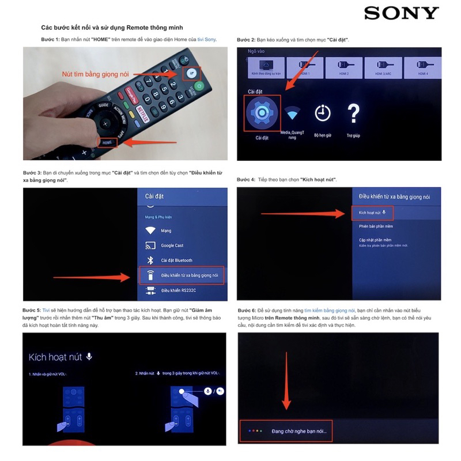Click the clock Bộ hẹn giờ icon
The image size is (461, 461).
[x=323, y=112]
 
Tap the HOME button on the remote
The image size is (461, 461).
[x=107, y=142]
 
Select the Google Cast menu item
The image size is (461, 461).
[x=172, y=245]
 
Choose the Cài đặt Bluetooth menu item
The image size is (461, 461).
[x=176, y=260]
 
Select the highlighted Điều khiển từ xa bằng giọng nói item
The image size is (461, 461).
[x=182, y=275]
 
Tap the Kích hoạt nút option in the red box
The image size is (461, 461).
[x=372, y=213]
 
